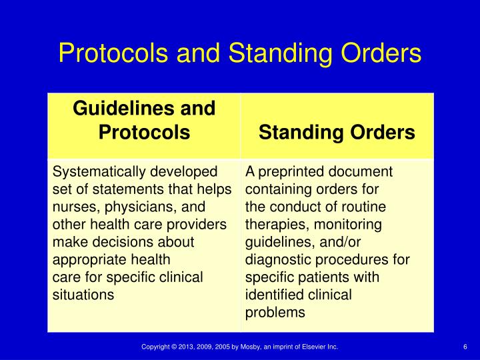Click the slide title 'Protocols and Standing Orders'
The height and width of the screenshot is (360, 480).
tap(239, 53)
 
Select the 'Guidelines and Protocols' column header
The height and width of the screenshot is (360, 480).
tap(144, 120)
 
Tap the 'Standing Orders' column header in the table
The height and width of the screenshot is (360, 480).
tap(337, 133)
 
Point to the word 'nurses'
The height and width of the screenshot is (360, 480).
tap(71, 207)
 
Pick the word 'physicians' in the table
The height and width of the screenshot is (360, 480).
tap(131, 207)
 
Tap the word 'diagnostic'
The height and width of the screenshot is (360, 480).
tap(277, 259)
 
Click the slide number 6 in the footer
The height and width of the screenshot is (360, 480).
tap(464, 347)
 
